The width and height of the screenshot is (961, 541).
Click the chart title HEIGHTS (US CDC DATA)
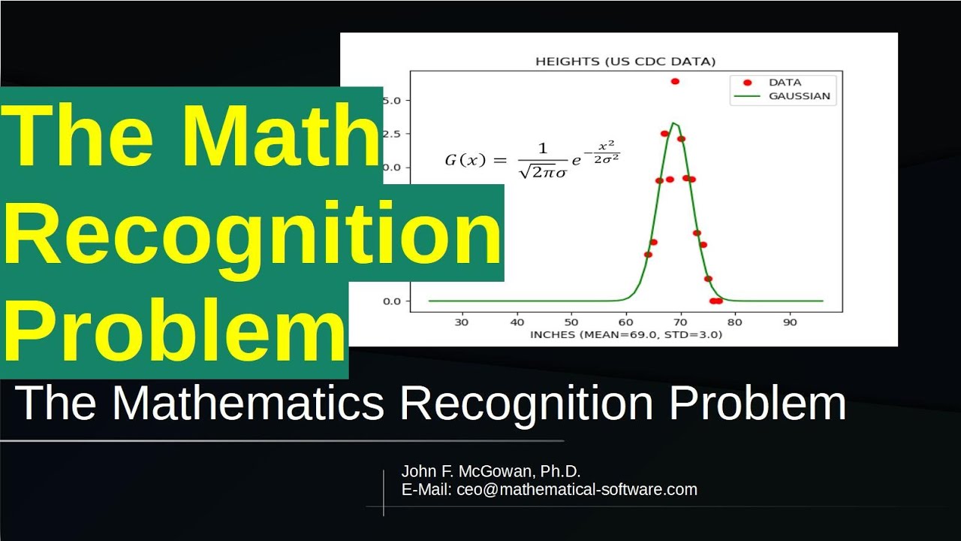click(x=625, y=62)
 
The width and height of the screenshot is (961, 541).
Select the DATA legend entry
click(x=785, y=82)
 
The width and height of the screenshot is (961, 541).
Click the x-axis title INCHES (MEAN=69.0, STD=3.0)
click(x=625, y=334)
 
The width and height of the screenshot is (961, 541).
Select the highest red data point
click(x=675, y=81)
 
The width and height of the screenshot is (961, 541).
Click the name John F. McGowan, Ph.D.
click(x=491, y=471)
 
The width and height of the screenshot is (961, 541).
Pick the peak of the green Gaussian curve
click(x=674, y=123)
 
